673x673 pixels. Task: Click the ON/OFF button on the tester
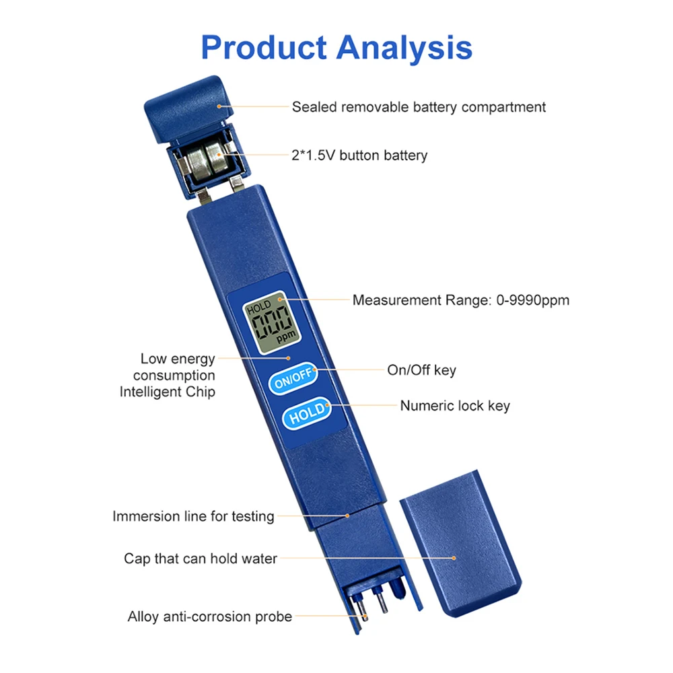[292, 380]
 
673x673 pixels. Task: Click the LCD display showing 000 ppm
[269, 325]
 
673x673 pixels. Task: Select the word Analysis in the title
[404, 48]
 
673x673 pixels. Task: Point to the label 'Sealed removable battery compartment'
[419, 107]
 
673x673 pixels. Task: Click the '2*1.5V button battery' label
[359, 155]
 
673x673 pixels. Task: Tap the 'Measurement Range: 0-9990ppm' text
[461, 300]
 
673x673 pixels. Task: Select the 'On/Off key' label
[421, 369]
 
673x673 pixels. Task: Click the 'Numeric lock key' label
[455, 406]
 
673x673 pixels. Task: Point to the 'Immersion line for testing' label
[193, 517]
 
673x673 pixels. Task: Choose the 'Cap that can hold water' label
[201, 559]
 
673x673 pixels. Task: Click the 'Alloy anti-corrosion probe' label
[210, 616]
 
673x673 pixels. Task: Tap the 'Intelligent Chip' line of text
[168, 392]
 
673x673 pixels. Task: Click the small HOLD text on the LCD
[258, 309]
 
